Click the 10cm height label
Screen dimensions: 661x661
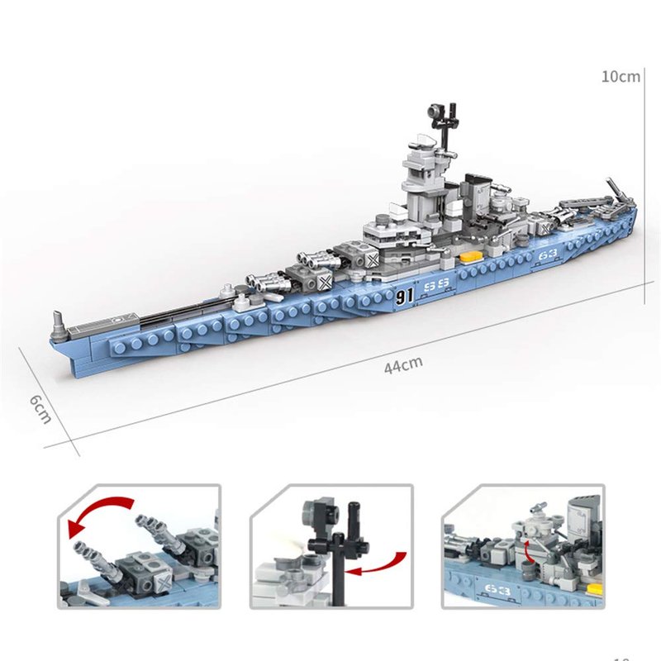pos(621,77)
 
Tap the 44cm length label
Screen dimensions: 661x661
pos(403,364)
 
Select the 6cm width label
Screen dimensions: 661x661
pos(40,409)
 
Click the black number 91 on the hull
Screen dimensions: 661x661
pos(404,296)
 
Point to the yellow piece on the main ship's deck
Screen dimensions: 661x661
pos(471,257)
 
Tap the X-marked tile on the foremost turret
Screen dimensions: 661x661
pos(326,282)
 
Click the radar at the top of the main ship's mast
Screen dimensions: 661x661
pos(435,112)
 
